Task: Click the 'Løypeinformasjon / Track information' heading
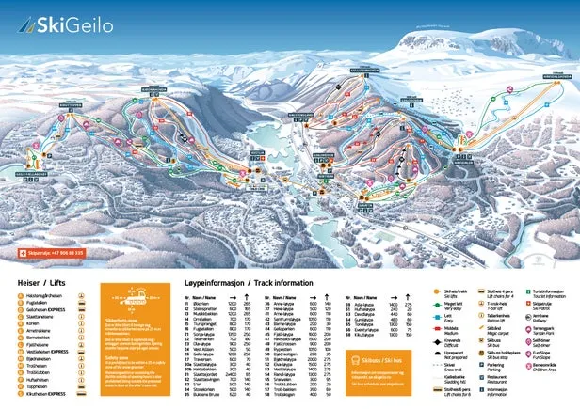click(x=239, y=281)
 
